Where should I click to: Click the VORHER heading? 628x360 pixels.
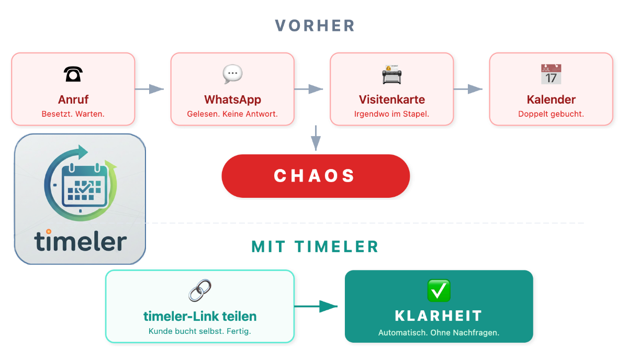tap(315, 26)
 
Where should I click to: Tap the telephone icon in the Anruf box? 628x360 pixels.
tap(73, 75)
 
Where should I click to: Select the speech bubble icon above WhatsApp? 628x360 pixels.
tap(232, 74)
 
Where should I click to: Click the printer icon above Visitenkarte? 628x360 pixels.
tap(391, 75)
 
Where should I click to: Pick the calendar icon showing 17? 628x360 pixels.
tap(551, 74)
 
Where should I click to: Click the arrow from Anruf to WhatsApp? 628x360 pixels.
tap(150, 89)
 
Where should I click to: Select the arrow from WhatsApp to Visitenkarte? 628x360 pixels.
tap(309, 89)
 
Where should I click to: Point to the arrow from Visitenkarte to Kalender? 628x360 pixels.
tap(468, 89)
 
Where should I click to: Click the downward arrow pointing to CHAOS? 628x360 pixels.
tap(315, 139)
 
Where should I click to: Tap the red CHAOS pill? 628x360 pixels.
tap(315, 176)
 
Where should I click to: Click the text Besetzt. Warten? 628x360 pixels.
tap(73, 114)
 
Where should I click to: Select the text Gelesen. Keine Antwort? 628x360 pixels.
tap(232, 114)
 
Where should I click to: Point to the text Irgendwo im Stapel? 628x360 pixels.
tap(391, 114)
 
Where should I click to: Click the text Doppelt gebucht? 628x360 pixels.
tap(551, 114)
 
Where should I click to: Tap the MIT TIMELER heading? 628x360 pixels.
tap(315, 246)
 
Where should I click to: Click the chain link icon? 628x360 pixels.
tap(199, 290)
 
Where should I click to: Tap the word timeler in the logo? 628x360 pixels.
tap(81, 241)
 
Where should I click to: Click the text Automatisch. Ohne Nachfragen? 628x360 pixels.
tap(439, 332)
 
